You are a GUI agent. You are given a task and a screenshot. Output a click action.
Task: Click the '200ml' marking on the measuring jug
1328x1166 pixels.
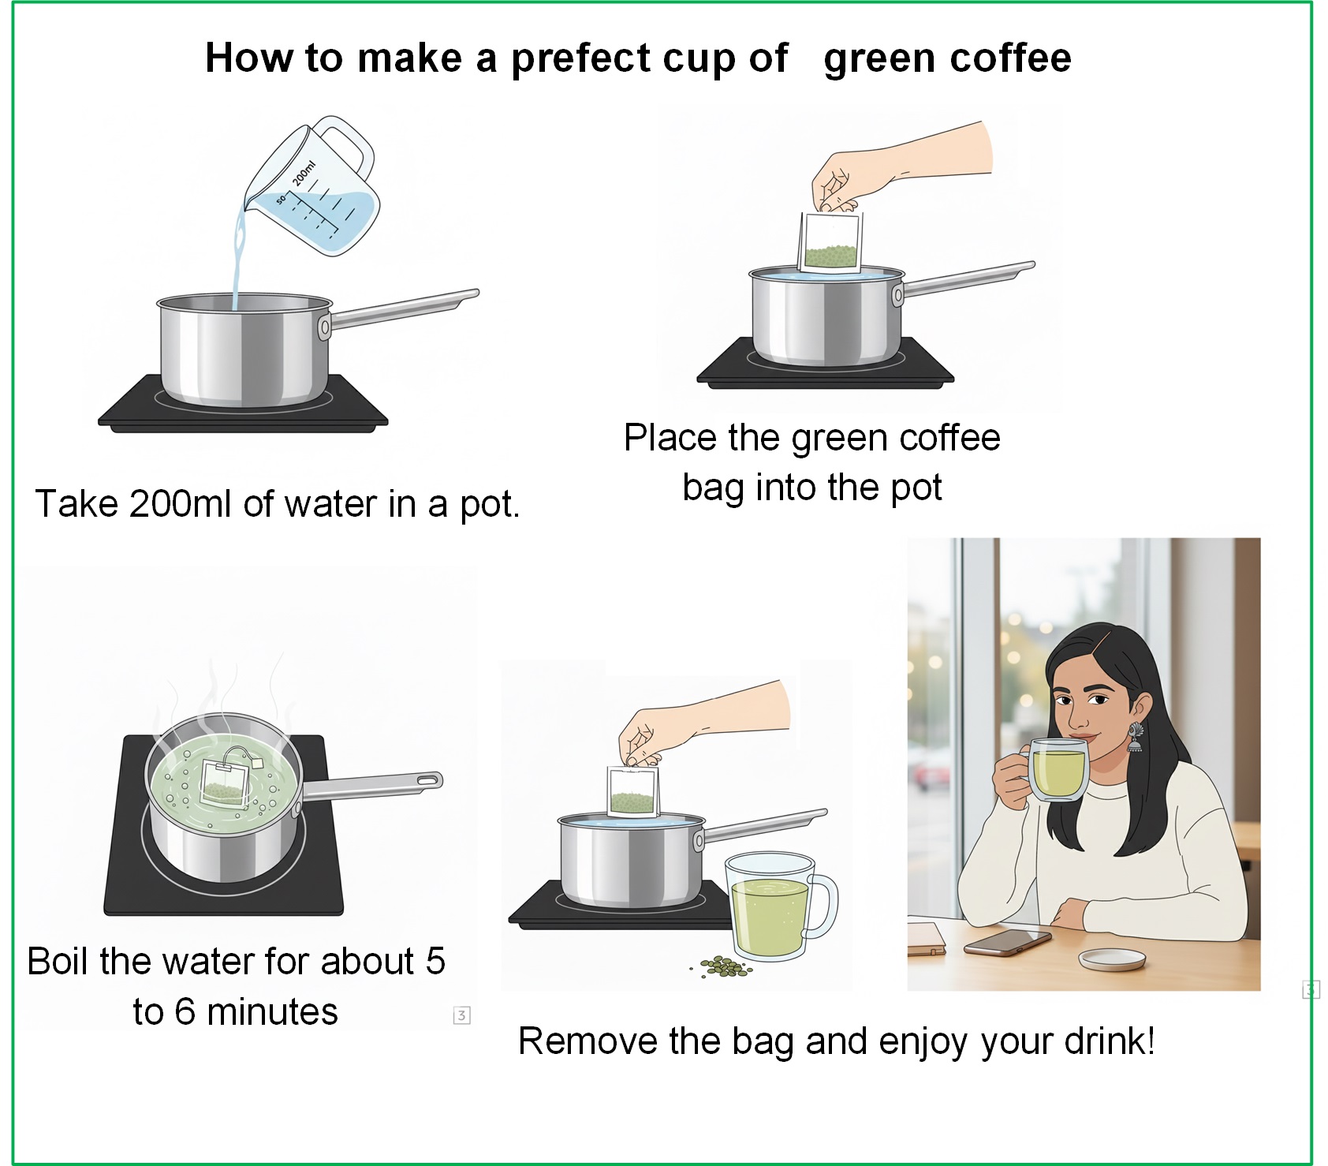point(304,173)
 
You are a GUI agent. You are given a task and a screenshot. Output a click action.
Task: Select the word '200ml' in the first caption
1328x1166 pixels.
point(181,504)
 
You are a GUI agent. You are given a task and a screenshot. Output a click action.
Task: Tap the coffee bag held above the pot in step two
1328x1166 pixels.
point(830,242)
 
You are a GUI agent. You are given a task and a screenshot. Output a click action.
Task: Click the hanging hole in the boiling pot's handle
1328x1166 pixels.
point(427,781)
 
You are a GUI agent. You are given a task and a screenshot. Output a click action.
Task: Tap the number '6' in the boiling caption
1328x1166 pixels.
point(185,1012)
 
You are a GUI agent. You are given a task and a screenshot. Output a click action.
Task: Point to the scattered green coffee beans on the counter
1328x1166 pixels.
point(723,966)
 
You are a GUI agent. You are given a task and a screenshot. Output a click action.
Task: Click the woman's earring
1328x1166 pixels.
point(1134,738)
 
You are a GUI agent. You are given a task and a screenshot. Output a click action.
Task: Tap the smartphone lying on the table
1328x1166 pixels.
point(1007,942)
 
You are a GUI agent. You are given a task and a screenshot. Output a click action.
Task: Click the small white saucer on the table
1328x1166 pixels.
point(1113,959)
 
